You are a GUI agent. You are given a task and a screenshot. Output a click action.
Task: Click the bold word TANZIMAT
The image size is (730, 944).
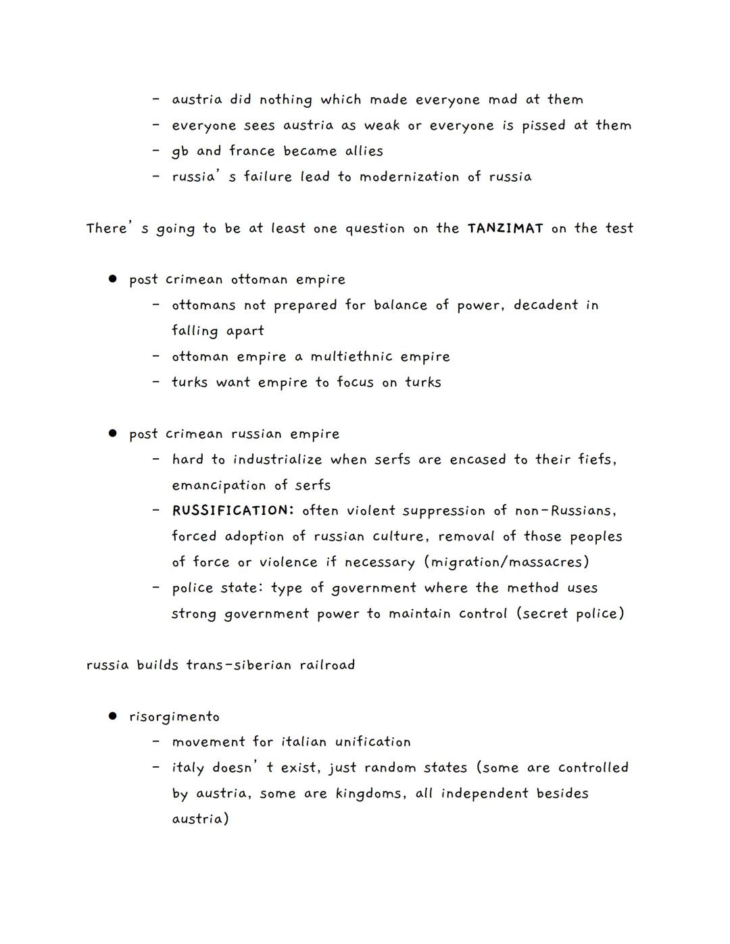pos(505,228)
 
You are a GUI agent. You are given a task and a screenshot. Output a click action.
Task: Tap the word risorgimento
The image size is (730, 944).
pos(174,717)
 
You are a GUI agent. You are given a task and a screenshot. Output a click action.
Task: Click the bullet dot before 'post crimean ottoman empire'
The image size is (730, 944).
pos(113,278)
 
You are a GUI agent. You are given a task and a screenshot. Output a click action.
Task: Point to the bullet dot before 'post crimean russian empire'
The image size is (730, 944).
pos(113,433)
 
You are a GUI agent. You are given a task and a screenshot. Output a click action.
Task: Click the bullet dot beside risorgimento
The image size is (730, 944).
pos(113,716)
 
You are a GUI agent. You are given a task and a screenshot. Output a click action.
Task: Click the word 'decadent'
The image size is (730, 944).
pos(545,305)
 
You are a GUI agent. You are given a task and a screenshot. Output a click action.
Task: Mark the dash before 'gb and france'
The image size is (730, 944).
pos(156,151)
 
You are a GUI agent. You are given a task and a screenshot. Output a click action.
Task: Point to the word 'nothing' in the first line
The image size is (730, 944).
pos(286,100)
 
